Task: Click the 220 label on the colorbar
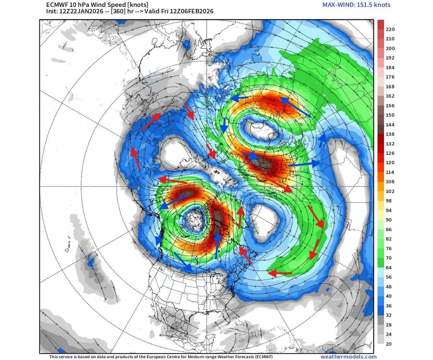(x=390, y=29)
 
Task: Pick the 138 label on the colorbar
(x=390, y=134)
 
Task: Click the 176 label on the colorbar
(x=390, y=77)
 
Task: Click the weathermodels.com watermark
(x=348, y=357)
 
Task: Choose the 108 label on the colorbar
(x=390, y=182)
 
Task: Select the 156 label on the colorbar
(x=390, y=106)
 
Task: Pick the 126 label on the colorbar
(x=390, y=153)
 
